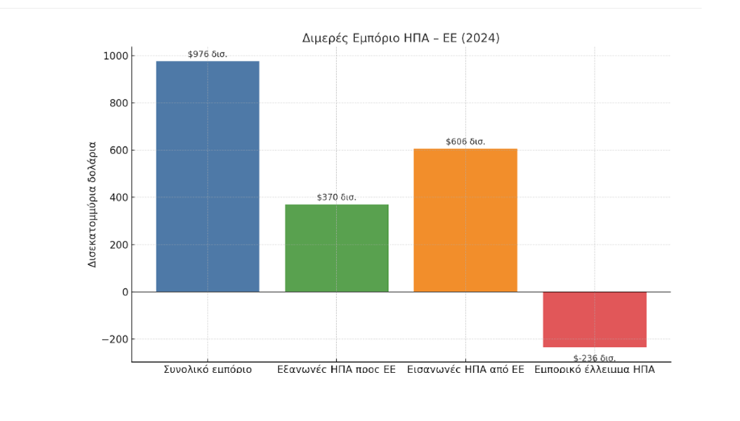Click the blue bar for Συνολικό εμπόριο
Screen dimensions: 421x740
(x=208, y=177)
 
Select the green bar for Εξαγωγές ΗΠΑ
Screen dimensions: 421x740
(x=336, y=248)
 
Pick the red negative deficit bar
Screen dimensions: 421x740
(x=594, y=319)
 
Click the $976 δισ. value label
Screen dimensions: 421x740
(x=208, y=54)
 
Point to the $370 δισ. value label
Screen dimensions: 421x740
(x=336, y=197)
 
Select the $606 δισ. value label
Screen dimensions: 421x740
(x=466, y=142)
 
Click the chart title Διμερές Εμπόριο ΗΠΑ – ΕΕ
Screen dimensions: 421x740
(x=401, y=38)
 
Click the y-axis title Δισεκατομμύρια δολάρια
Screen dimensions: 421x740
(x=93, y=202)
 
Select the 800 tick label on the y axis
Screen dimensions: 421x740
(x=118, y=103)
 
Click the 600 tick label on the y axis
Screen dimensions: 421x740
(x=118, y=151)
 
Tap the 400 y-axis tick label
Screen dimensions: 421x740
(x=118, y=198)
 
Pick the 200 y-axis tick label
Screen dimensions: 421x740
(x=118, y=245)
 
